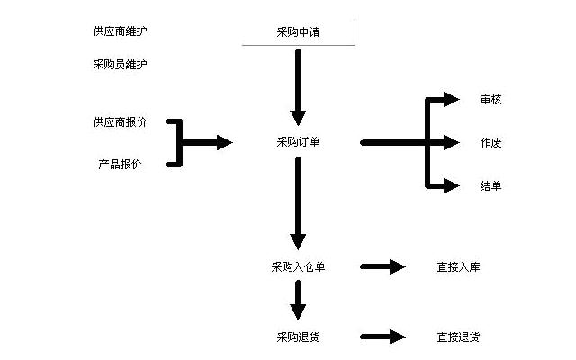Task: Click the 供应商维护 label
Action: tap(120, 31)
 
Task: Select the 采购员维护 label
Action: tap(120, 65)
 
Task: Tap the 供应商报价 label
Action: tap(120, 121)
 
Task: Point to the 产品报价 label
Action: tap(120, 165)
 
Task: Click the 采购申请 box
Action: tap(299, 33)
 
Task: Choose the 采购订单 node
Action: tap(299, 142)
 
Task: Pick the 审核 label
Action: tap(490, 100)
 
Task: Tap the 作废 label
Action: tap(490, 143)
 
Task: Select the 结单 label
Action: tap(490, 186)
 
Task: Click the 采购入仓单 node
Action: tap(299, 266)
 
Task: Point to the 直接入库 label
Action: tap(458, 266)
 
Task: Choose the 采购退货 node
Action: tap(299, 337)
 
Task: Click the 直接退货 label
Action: tap(458, 337)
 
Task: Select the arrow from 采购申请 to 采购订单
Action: tap(299, 85)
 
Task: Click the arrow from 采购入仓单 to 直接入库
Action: tap(384, 266)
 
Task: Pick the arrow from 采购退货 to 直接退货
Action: tap(384, 337)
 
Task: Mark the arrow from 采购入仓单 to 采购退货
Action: tap(299, 301)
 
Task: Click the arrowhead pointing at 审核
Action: tap(452, 100)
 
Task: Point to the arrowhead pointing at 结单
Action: tap(452, 186)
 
